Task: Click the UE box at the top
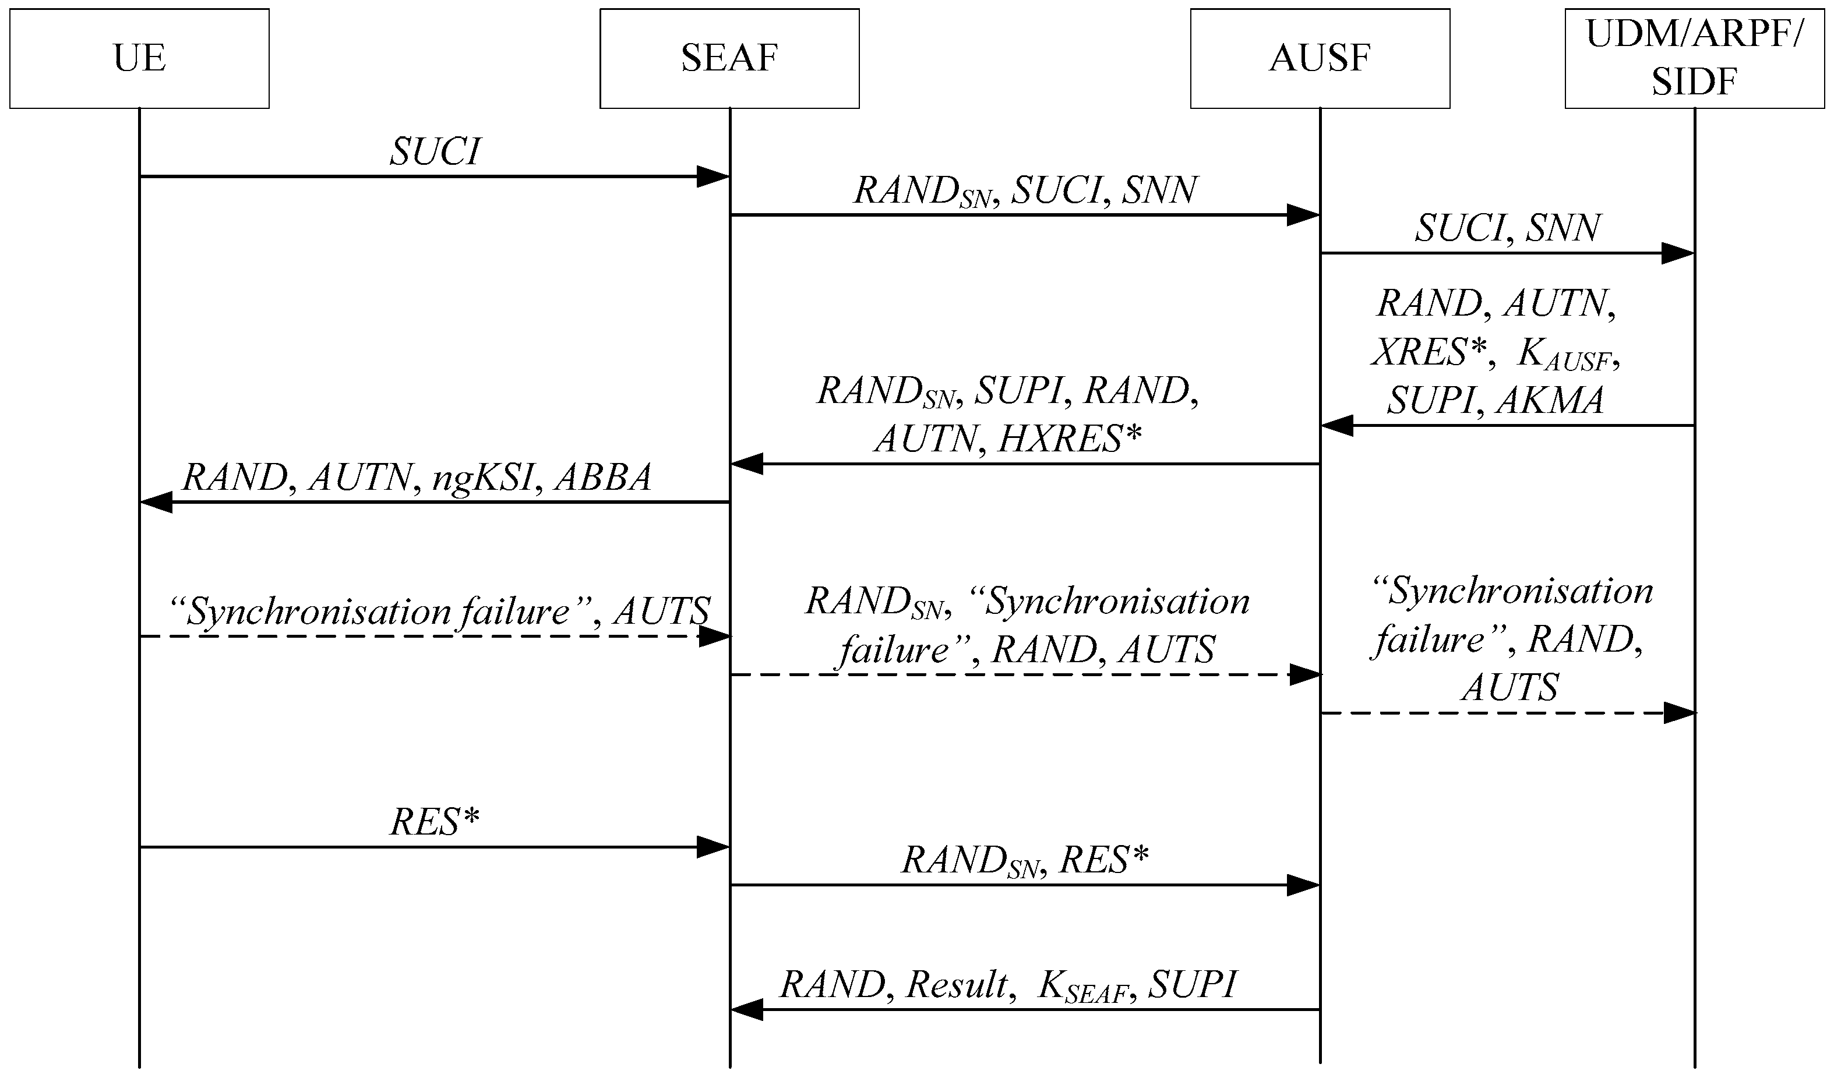pos(139,58)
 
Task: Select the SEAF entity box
pos(729,58)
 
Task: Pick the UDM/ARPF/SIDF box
pos(1694,58)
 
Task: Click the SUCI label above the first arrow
pos(435,152)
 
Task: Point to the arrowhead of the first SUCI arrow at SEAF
pos(713,176)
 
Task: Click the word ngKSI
pos(482,478)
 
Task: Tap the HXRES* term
pos(1069,439)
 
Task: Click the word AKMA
pos(1550,401)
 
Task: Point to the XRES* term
pos(1430,353)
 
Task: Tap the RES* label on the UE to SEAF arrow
pos(435,822)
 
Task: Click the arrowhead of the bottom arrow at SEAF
pos(747,1010)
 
